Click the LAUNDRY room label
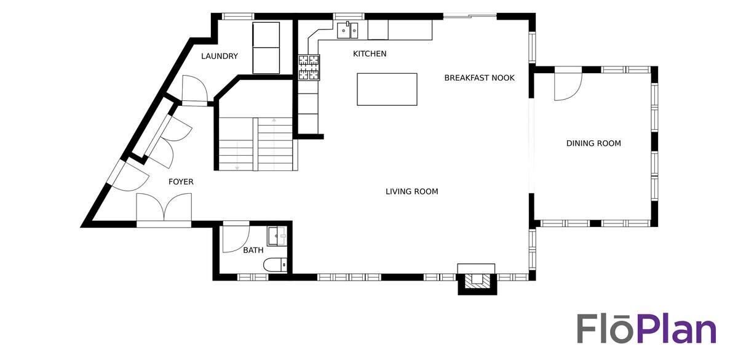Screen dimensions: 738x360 220,57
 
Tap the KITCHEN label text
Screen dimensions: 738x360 370,54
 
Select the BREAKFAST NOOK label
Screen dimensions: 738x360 479,78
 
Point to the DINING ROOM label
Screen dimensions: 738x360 593,143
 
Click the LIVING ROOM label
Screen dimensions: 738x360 412,191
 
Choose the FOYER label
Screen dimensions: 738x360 181,182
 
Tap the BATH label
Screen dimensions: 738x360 253,250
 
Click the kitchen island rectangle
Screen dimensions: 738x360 387,89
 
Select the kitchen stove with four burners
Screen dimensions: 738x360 309,68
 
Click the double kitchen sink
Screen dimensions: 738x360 348,30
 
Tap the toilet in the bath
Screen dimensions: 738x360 275,265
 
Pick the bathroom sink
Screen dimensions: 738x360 277,236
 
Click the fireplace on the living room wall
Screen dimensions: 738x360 477,279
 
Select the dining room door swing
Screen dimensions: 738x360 568,84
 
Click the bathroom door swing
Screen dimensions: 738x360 236,238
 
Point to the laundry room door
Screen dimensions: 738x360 194,89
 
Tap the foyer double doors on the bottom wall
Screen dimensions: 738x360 164,209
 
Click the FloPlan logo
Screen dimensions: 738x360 646,330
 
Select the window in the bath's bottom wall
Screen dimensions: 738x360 253,278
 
